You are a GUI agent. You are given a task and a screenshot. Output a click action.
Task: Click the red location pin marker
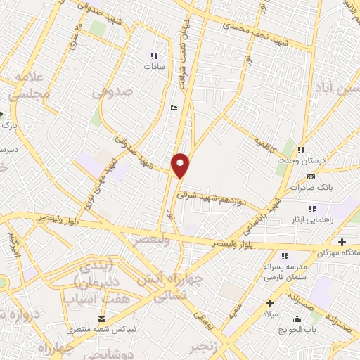pos(181,165)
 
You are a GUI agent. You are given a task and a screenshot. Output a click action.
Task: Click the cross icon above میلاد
pos(269,304)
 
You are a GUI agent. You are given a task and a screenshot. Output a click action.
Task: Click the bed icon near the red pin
pos(174,108)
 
